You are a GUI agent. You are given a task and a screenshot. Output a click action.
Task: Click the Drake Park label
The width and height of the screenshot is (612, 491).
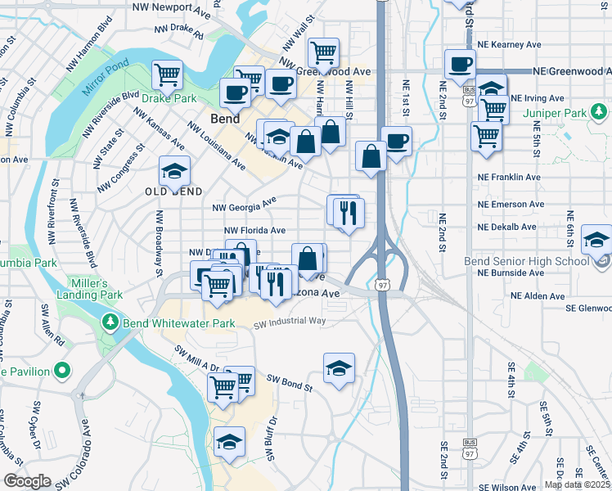coord(169,98)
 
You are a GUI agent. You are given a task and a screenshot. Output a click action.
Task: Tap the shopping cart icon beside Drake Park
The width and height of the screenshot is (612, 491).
coord(167,75)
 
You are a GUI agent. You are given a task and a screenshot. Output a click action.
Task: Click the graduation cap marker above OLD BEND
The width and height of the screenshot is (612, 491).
coord(173,172)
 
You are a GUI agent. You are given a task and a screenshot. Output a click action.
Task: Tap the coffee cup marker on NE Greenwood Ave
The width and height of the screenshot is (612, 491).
coord(461,65)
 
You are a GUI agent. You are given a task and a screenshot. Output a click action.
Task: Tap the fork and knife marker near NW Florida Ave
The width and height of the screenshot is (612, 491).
coord(349,214)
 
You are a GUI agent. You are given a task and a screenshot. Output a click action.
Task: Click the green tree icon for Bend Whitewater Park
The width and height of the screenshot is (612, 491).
coord(111,322)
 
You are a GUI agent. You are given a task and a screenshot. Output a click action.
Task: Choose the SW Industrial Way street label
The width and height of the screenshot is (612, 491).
coord(290,322)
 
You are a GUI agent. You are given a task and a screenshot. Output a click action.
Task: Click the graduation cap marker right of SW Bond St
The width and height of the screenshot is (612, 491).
coord(339,368)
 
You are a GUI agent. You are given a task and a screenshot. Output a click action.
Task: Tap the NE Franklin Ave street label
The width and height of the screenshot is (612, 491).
coord(509,177)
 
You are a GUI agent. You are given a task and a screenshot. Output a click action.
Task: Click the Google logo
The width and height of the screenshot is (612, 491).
coord(28,480)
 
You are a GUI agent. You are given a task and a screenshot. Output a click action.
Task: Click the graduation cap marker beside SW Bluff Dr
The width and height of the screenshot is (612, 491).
coord(229,442)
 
